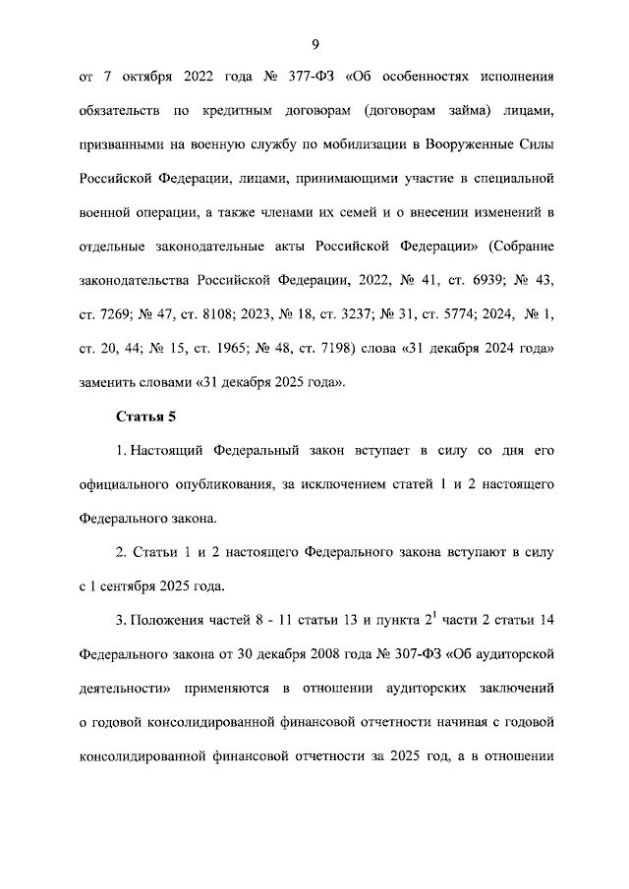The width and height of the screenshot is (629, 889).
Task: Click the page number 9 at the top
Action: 314,44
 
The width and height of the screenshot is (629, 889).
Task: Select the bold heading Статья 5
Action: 145,417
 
